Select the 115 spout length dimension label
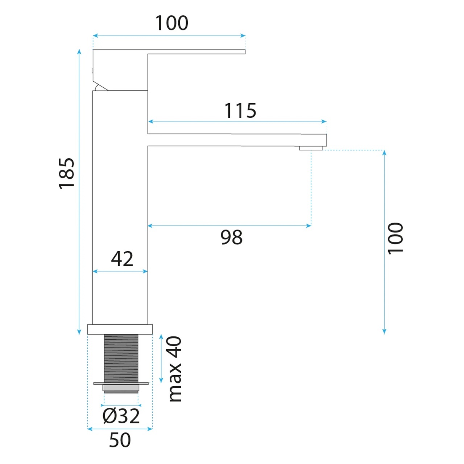(240, 111)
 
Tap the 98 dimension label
(231, 237)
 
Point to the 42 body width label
(122, 259)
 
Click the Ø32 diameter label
(121, 416)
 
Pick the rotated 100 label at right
(395, 238)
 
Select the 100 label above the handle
(172, 23)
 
